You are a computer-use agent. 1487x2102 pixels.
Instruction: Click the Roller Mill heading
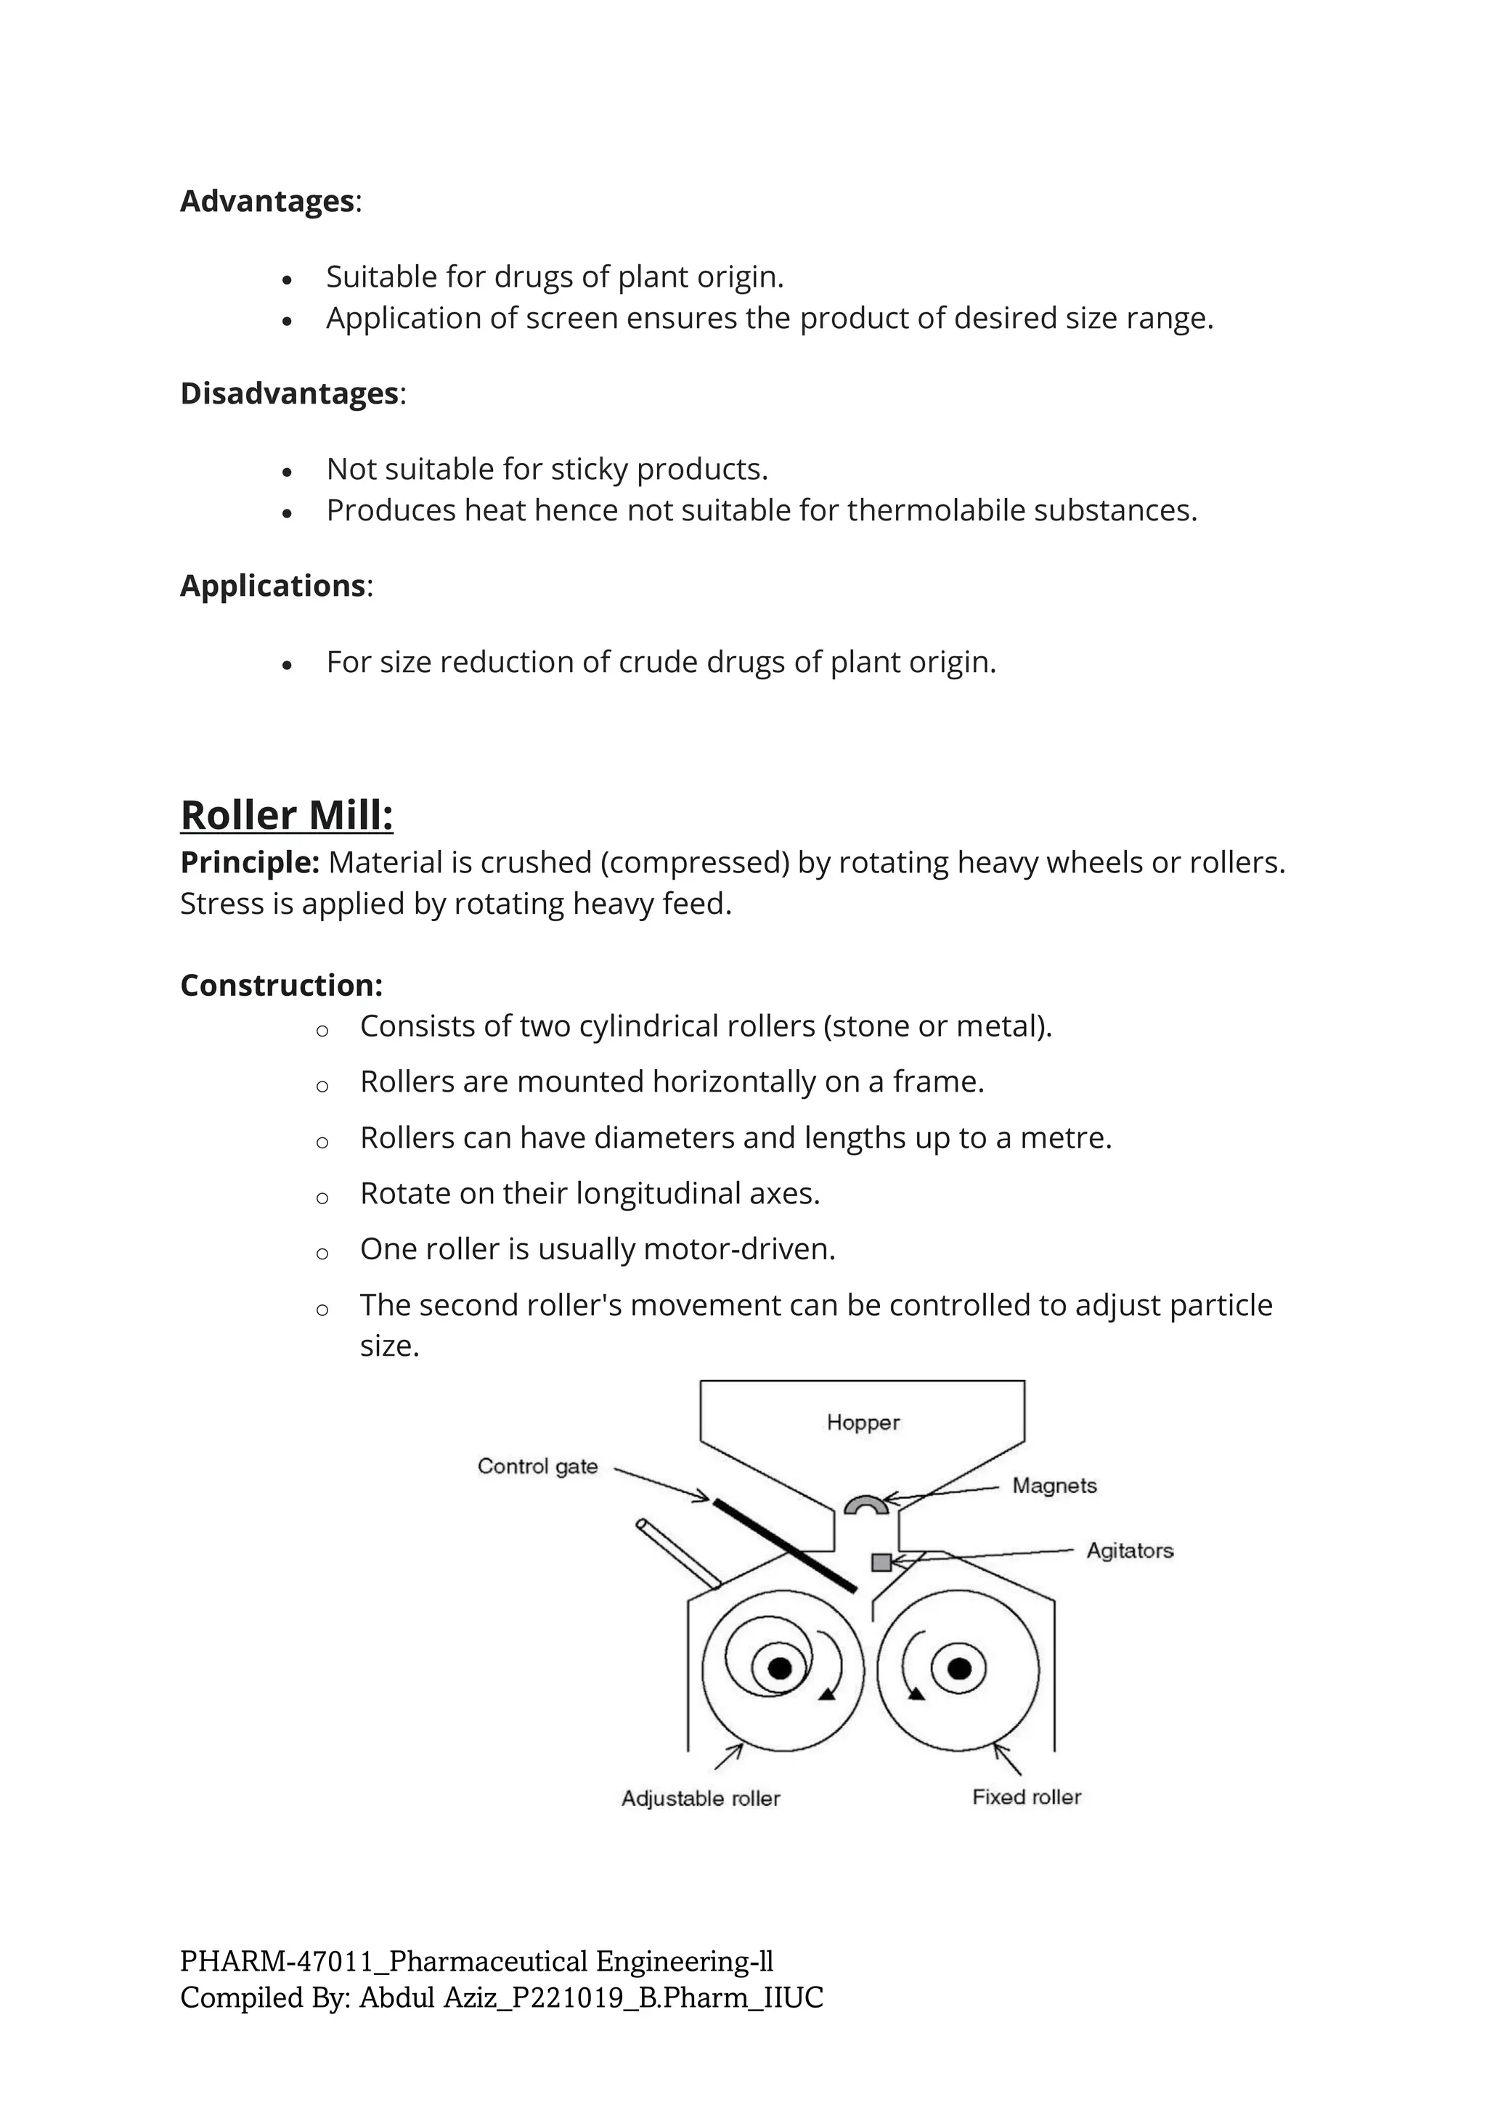pyautogui.click(x=287, y=815)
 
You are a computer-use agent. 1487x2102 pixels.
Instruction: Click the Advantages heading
pyautogui.click(x=267, y=201)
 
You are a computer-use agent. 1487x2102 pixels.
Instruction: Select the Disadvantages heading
pyautogui.click(x=290, y=393)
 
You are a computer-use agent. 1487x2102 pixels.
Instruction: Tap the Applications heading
pyautogui.click(x=273, y=586)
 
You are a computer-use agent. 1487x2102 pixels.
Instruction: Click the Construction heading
pyautogui.click(x=281, y=985)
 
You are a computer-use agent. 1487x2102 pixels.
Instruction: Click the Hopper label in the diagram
pyautogui.click(x=863, y=1423)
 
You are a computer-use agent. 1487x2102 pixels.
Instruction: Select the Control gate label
pyautogui.click(x=537, y=1467)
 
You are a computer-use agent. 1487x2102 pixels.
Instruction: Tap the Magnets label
pyautogui.click(x=1054, y=1486)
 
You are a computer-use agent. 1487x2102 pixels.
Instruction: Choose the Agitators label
pyautogui.click(x=1129, y=1551)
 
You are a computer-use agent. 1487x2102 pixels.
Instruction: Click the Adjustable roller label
pyautogui.click(x=701, y=1799)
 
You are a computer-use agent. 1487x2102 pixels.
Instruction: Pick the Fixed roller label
pyautogui.click(x=1027, y=1797)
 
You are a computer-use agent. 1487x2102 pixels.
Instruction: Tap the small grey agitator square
pyautogui.click(x=881, y=1562)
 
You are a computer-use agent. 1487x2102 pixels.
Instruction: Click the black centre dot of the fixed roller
pyautogui.click(x=958, y=1669)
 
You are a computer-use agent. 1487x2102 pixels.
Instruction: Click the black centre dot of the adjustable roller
pyautogui.click(x=779, y=1669)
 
